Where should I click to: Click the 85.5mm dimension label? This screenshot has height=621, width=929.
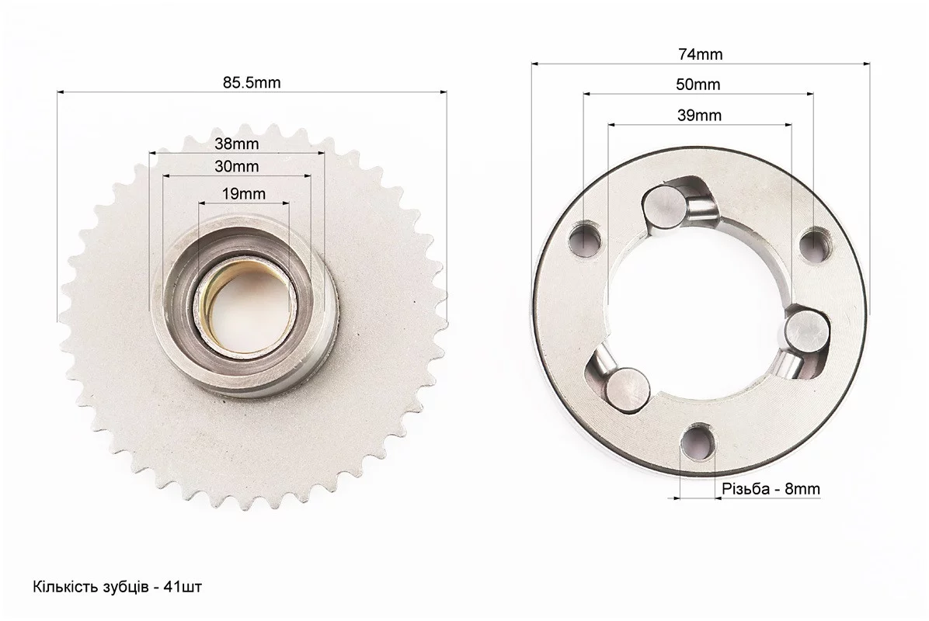[x=252, y=82]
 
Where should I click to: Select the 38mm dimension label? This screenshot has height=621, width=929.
[x=236, y=144]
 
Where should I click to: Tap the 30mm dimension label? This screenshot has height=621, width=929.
[x=236, y=166]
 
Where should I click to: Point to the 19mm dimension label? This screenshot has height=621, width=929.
[x=243, y=193]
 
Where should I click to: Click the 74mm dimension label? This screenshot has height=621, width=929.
[x=701, y=54]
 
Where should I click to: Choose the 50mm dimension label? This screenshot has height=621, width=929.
[x=698, y=85]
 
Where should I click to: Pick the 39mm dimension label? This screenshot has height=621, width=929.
[x=699, y=115]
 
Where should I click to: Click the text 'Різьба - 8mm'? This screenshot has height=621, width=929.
[x=771, y=489]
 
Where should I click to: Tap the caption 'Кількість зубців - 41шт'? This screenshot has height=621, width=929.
[x=117, y=588]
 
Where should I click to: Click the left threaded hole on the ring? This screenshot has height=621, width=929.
[x=585, y=240]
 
